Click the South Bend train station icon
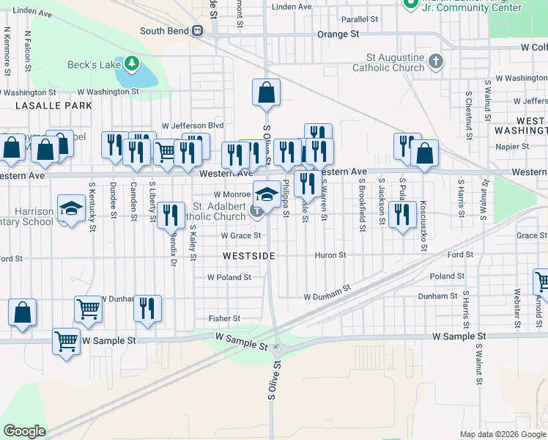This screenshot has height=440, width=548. (197, 31)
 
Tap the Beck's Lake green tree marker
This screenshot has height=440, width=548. (132, 64)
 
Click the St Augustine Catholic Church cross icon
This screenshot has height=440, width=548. (436, 61)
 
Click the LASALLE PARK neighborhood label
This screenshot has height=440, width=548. (47, 106)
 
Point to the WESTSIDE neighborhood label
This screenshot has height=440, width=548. (249, 256)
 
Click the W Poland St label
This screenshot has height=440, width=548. (229, 278)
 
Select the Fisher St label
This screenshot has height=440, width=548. (224, 318)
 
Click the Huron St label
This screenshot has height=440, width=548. (330, 255)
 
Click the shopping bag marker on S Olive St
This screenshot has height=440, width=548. (266, 93)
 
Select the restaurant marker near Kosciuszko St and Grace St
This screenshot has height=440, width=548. (401, 214)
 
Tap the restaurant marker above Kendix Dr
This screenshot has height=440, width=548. (170, 215)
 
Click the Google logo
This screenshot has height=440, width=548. (24, 431)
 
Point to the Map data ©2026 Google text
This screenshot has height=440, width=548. (502, 434)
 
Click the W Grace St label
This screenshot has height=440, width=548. (241, 236)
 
